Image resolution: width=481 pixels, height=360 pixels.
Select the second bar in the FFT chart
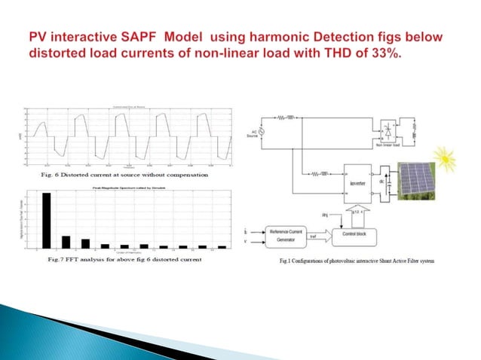coord(66,242)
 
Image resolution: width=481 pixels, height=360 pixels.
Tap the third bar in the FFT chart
coord(85,243)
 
